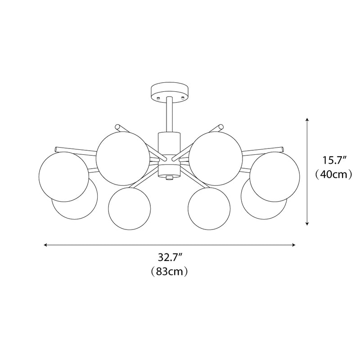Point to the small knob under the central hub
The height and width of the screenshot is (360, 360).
click(x=169, y=178)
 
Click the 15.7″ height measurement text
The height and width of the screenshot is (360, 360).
click(x=333, y=159)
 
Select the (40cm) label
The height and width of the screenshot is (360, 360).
click(x=333, y=175)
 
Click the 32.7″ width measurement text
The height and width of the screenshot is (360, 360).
click(x=169, y=258)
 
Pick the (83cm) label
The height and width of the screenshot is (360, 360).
click(x=169, y=271)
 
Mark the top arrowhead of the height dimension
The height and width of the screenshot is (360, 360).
click(x=307, y=120)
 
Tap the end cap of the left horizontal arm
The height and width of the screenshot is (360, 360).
click(x=57, y=149)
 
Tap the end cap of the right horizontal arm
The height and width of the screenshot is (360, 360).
click(x=283, y=149)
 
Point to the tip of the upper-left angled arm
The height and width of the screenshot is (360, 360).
click(x=118, y=127)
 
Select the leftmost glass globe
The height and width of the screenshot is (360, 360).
click(x=64, y=176)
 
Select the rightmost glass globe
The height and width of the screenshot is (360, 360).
click(x=275, y=176)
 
